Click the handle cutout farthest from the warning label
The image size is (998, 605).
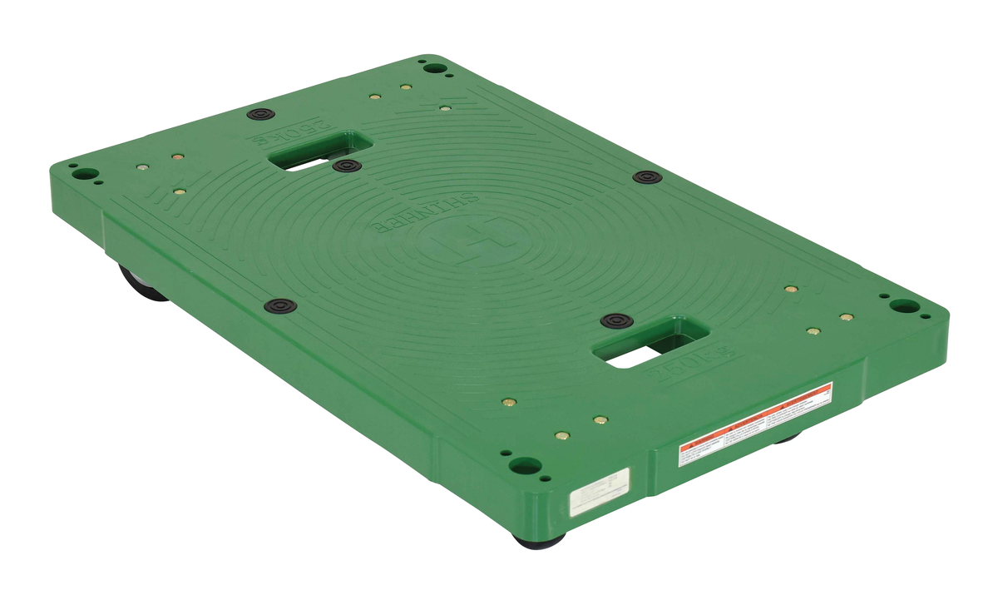(x=320, y=151)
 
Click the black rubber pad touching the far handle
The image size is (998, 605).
(x=346, y=166)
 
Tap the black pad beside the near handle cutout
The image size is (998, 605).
(x=615, y=320)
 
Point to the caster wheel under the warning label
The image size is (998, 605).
(x=786, y=436)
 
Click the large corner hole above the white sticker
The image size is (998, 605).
(x=525, y=465)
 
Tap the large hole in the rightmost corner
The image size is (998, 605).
(x=904, y=305)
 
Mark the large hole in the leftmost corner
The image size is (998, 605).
(x=82, y=174)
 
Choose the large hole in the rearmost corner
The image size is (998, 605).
(x=432, y=67)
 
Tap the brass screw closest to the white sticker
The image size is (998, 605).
(x=562, y=435)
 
